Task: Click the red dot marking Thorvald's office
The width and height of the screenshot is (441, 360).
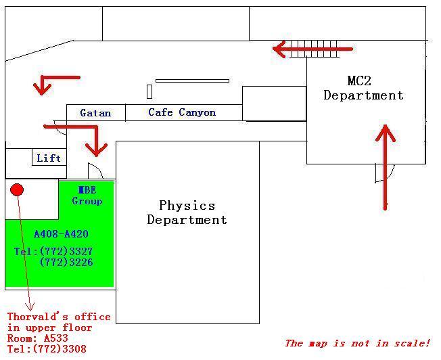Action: (17, 189)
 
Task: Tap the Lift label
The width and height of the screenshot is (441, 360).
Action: (49, 158)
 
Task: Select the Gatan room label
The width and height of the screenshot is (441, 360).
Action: (95, 113)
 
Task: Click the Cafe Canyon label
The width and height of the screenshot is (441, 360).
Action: (182, 112)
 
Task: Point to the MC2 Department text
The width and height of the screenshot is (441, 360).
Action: (363, 88)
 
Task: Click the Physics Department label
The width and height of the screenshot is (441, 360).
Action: (187, 212)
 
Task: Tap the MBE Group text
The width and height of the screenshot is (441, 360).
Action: (87, 196)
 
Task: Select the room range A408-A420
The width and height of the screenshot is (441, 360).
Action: (61, 233)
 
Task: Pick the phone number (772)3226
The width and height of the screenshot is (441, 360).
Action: (66, 262)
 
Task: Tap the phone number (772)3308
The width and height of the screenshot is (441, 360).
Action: (60, 349)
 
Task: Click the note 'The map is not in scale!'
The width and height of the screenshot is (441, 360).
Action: (357, 343)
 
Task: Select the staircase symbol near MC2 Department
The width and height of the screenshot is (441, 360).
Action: (314, 49)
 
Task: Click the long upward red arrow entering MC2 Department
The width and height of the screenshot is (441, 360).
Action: (386, 167)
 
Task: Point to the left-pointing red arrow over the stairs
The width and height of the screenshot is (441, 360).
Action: (312, 49)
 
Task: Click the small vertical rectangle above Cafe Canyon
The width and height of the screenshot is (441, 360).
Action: (149, 91)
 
